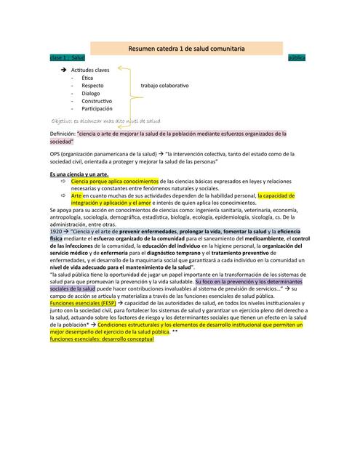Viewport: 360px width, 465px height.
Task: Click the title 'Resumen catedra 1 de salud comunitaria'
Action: [x=186, y=48]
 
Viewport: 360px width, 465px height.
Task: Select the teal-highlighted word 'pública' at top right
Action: [x=297, y=57]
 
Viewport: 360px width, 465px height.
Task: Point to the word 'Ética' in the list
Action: [x=87, y=77]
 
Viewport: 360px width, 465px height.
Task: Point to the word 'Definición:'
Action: [x=63, y=134]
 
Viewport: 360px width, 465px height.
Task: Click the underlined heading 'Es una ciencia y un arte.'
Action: [x=79, y=174]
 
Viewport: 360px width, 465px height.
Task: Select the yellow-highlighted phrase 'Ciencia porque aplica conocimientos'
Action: [x=115, y=181]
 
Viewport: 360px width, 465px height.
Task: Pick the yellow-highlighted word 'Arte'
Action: [x=76, y=196]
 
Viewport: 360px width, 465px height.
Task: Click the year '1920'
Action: [x=56, y=231]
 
